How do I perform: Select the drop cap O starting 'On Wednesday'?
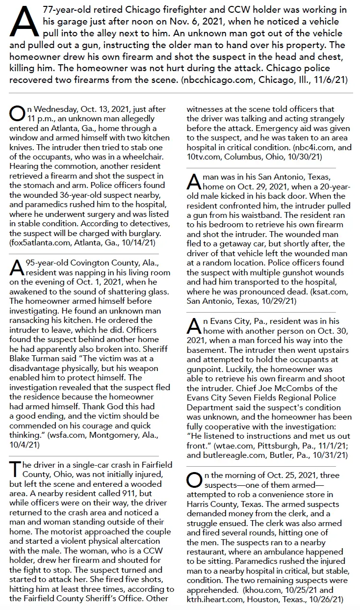coord(16,113)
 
